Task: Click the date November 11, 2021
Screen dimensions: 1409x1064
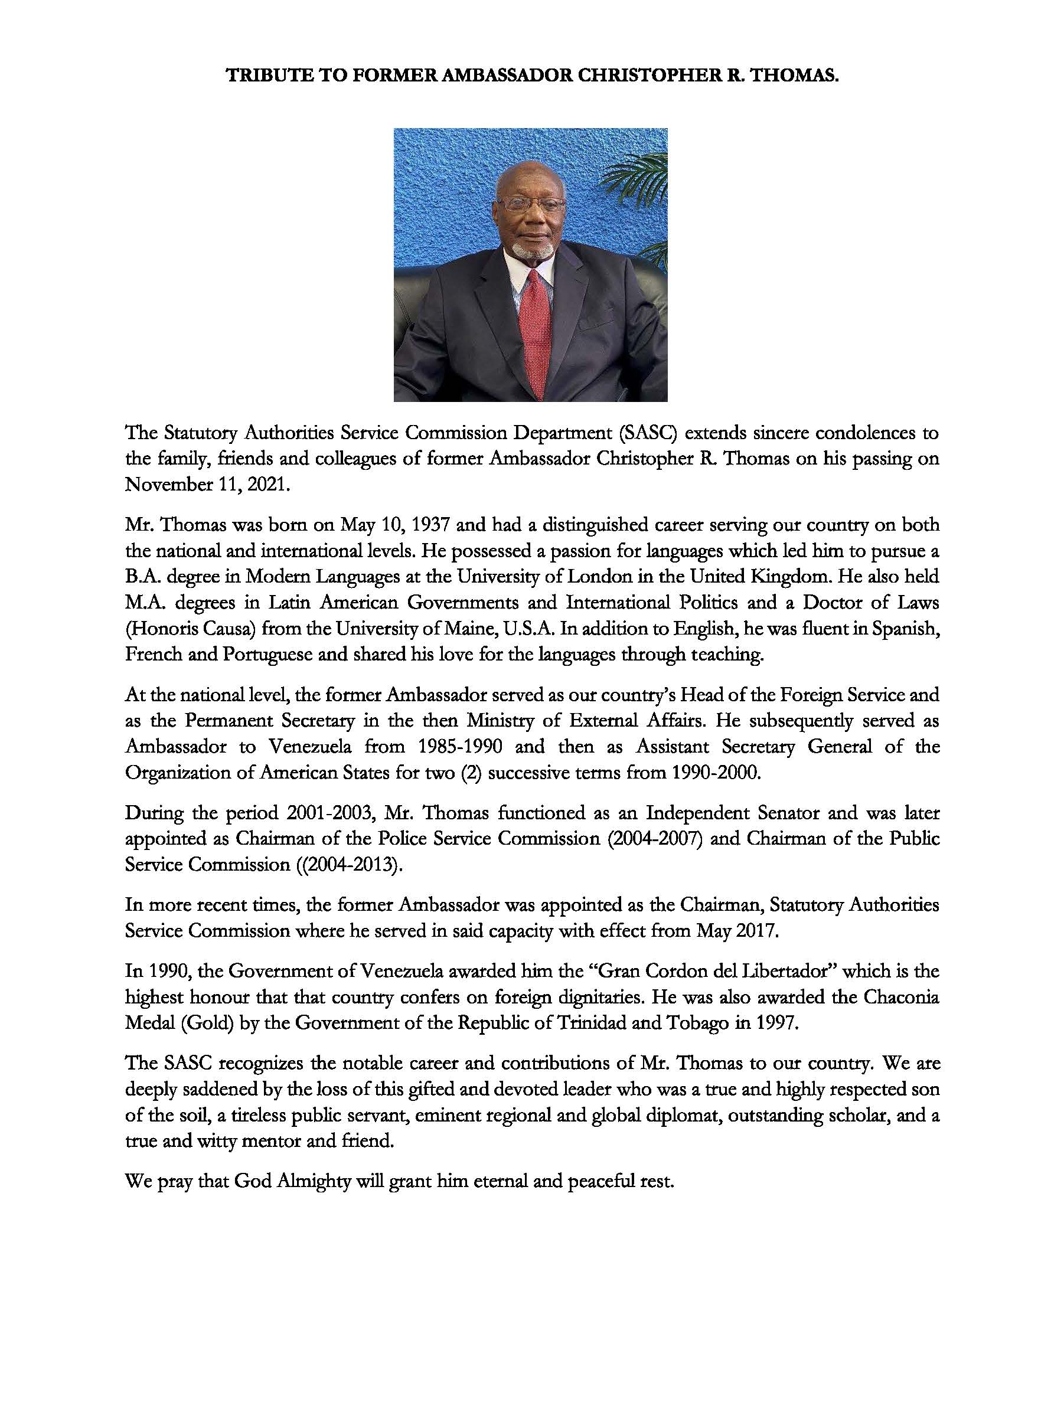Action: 208,485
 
